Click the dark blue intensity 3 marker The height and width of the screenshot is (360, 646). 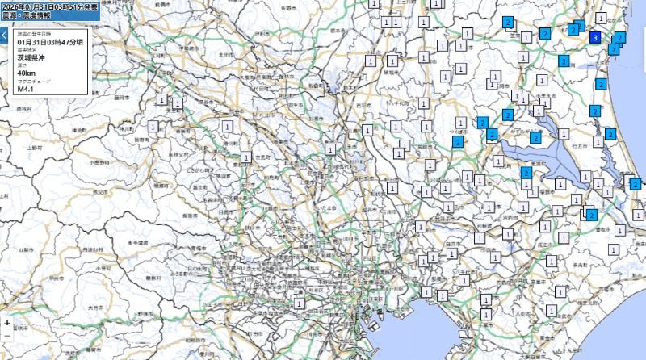595,37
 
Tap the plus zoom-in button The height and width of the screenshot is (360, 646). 7,322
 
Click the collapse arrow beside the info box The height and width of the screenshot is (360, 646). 3,36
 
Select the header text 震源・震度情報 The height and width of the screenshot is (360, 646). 25,15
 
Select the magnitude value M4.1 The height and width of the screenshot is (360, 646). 25,89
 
